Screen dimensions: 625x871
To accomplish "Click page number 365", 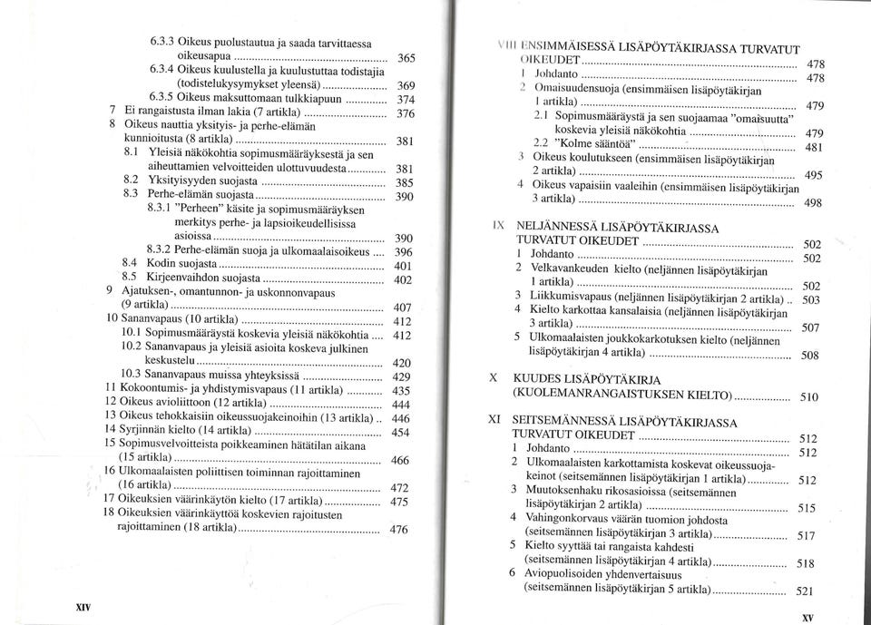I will tap(406, 58).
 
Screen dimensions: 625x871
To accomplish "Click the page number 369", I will tap(406, 84).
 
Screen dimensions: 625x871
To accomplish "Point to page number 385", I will tap(406, 182).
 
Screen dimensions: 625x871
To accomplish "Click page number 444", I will tap(400, 405).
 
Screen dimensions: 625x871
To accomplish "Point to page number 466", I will tap(400, 461).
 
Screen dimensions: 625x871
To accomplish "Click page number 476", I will tap(399, 530).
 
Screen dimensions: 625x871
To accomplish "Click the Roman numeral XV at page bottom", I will tap(807, 617).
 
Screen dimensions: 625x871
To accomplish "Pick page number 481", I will tap(815, 148).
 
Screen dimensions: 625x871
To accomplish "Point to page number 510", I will tap(811, 396).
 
